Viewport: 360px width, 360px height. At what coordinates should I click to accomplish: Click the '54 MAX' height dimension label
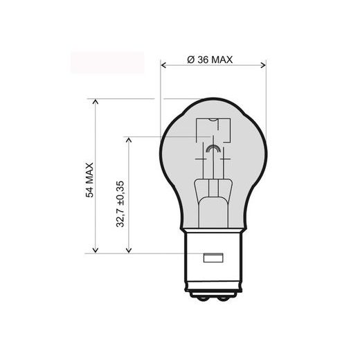89,182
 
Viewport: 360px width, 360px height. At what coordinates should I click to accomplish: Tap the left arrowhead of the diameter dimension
164,66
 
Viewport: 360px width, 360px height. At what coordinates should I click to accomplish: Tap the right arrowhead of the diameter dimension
263,66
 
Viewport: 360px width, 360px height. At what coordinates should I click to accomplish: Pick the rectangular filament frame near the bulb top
213,132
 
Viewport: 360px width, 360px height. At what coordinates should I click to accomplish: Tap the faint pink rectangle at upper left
107,62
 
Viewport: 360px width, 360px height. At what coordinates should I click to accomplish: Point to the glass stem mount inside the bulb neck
213,190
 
